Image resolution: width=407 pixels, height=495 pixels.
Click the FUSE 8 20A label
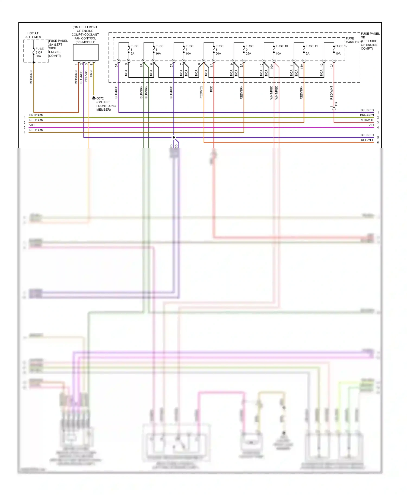click(x=219, y=50)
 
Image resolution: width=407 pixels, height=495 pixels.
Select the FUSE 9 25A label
click(x=249, y=50)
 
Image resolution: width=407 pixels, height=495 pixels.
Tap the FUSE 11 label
click(x=311, y=46)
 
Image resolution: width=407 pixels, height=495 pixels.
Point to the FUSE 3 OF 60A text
click(x=39, y=53)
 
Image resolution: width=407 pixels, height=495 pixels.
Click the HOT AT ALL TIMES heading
click(x=33, y=35)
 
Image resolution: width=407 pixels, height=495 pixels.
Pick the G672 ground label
click(x=100, y=98)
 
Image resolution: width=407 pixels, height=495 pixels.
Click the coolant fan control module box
click(x=86, y=53)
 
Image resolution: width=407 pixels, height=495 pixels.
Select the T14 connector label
click(x=336, y=104)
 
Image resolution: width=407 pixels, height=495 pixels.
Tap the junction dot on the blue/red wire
click(x=174, y=137)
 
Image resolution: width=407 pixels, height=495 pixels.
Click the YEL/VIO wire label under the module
click(x=86, y=76)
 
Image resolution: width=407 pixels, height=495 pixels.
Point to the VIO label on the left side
click(x=32, y=125)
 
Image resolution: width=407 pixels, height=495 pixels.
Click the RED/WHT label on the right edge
click(x=366, y=120)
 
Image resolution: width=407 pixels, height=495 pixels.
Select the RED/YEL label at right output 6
click(x=367, y=140)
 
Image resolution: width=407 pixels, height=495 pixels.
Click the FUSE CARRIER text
click(x=352, y=40)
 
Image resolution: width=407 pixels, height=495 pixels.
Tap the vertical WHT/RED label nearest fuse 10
click(x=271, y=92)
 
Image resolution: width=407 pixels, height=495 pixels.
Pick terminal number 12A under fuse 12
click(x=332, y=66)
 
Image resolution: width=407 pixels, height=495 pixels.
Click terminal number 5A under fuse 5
click(x=116, y=65)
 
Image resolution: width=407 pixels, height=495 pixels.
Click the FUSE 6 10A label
click(x=159, y=50)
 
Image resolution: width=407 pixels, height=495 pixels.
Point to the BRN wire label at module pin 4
click(x=91, y=73)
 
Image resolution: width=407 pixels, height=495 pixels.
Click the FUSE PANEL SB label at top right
click(x=370, y=35)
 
